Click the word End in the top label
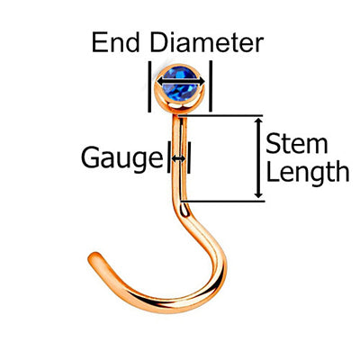[x=116, y=43]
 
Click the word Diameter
[x=207, y=43]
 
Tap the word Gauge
[x=122, y=158]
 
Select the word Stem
[x=296, y=144]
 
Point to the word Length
[x=308, y=172]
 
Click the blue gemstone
[x=180, y=84]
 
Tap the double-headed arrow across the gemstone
[x=181, y=81]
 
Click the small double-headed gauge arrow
[x=179, y=158]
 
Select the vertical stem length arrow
[x=258, y=158]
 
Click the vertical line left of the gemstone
[x=149, y=86]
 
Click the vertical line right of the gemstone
[x=211, y=85]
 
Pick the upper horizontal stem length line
[x=220, y=115]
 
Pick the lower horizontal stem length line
[x=222, y=201]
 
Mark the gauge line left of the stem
[x=169, y=157]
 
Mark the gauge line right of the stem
[x=189, y=157]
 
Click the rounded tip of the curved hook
[x=94, y=258]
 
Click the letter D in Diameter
[x=158, y=43]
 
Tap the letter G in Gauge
[x=90, y=157]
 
